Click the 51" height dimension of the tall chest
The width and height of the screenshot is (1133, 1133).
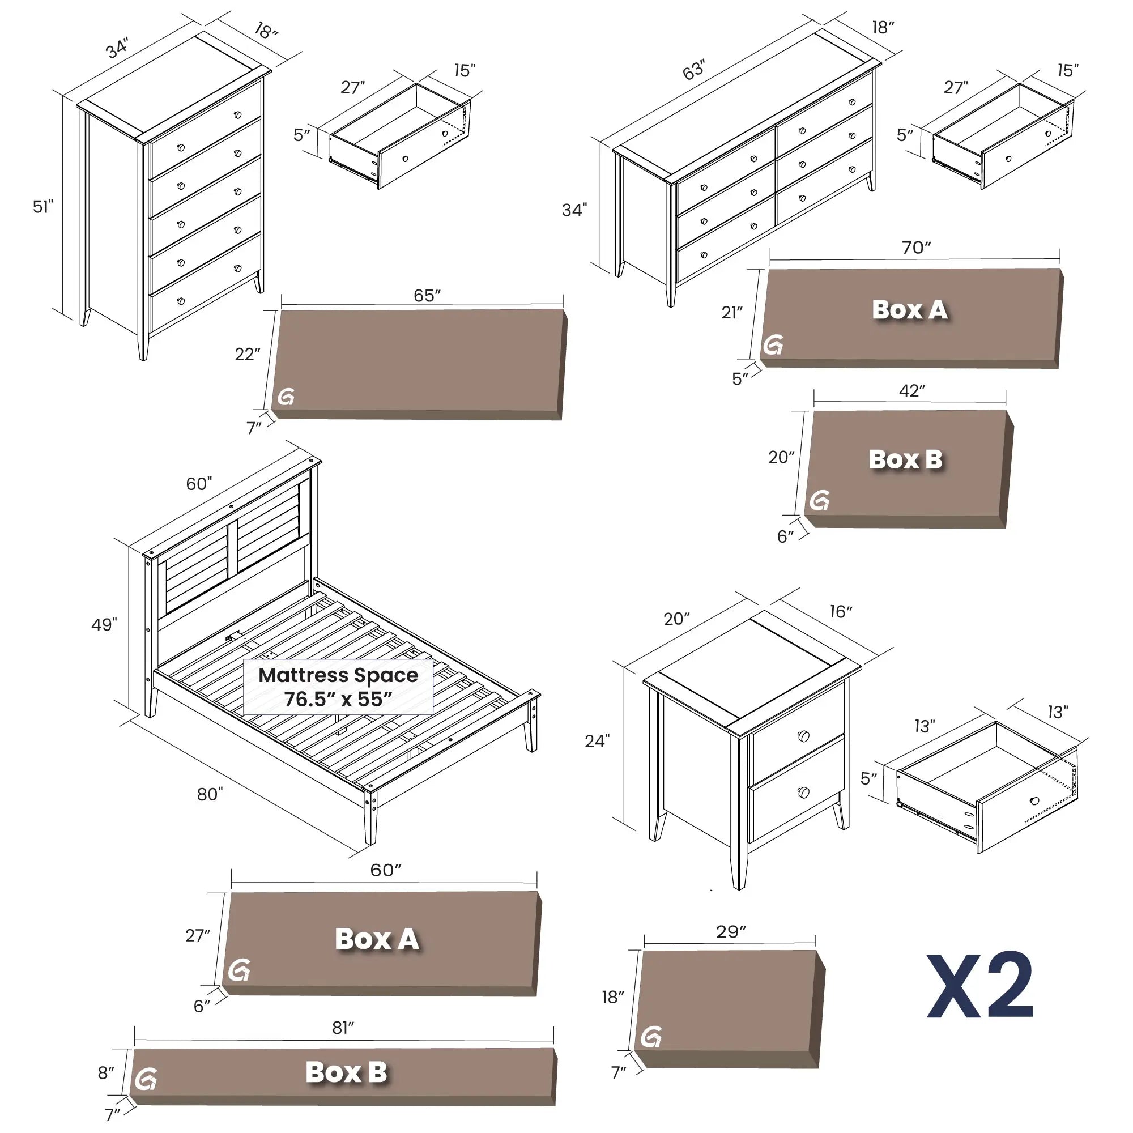(x=43, y=206)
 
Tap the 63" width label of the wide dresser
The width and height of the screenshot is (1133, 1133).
(x=694, y=70)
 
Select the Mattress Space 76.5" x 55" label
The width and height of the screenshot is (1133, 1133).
(x=338, y=687)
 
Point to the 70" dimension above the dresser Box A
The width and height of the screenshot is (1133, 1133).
(x=916, y=248)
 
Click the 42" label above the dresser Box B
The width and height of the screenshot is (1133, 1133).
(x=912, y=390)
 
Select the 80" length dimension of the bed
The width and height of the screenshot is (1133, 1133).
(x=210, y=794)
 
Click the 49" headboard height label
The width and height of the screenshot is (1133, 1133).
(x=104, y=624)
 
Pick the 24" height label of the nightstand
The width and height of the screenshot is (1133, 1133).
(x=597, y=741)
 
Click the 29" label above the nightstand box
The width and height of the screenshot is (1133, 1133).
(x=731, y=931)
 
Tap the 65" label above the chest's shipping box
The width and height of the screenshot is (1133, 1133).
(x=427, y=295)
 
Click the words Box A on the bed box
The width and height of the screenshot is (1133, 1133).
(x=377, y=939)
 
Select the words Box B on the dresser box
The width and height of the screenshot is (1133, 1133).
(x=905, y=459)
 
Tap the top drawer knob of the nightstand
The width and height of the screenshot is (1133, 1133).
(x=803, y=736)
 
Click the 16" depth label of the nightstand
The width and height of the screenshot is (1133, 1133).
(x=840, y=612)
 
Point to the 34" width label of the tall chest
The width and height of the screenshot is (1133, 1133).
(x=117, y=48)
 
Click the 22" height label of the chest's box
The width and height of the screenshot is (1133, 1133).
(x=247, y=354)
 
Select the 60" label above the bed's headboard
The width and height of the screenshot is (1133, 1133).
(x=199, y=484)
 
